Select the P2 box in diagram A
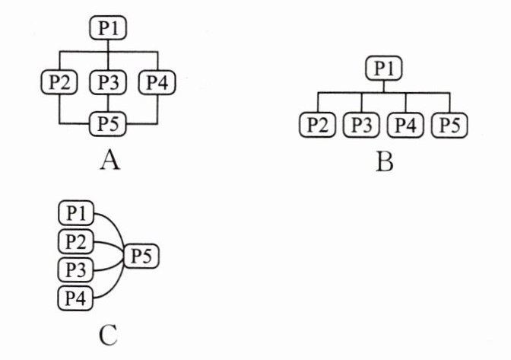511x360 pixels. [x=59, y=80]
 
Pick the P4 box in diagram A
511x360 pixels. [x=157, y=80]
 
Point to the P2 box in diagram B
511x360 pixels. [x=317, y=124]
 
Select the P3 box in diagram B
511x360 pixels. [x=361, y=124]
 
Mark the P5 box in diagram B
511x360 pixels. [x=449, y=124]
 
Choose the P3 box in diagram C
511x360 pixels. [x=75, y=269]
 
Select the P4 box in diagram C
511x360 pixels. [x=75, y=298]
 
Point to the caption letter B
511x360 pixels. [x=384, y=161]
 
